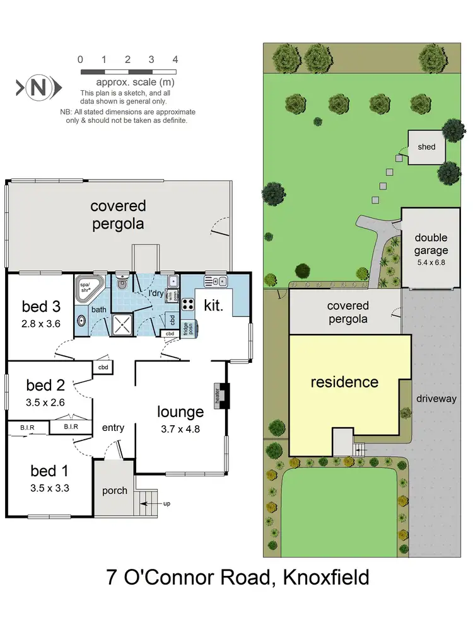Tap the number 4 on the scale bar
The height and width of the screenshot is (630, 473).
click(175, 60)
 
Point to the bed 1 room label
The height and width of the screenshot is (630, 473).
click(50, 470)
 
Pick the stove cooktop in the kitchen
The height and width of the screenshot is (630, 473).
click(187, 304)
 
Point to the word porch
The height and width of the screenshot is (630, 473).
click(114, 490)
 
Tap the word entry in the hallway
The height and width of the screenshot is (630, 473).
click(113, 428)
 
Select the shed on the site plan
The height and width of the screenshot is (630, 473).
click(426, 147)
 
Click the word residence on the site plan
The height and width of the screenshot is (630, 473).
click(344, 382)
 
